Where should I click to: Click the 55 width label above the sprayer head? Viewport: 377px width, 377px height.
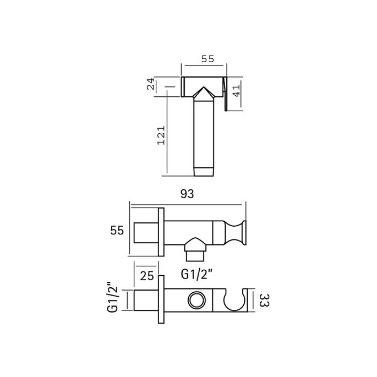[204, 57]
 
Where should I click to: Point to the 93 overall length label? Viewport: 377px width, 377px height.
[188, 194]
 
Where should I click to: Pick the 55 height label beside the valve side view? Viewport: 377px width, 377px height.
[117, 231]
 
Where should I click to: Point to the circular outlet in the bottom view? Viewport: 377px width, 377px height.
[195, 300]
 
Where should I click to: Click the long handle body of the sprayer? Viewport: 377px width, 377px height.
[204, 132]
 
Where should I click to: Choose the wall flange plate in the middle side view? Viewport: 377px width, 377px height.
[162, 231]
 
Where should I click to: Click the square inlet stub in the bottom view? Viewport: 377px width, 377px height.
[146, 300]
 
